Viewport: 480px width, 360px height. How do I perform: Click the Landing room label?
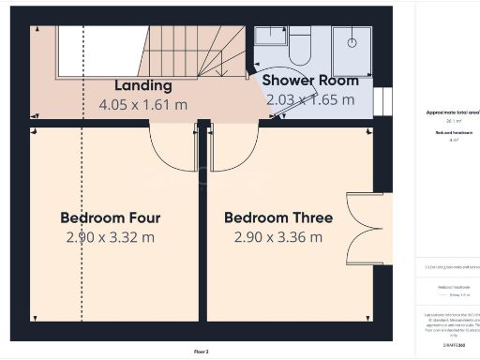pyautogui.click(x=142, y=85)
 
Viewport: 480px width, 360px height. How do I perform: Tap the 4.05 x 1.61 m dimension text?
pyautogui.click(x=143, y=104)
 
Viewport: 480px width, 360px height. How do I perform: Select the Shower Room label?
pyautogui.click(x=309, y=80)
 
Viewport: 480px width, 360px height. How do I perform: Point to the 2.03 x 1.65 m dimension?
pyautogui.click(x=310, y=99)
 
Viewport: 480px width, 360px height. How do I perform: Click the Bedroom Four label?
pyautogui.click(x=110, y=217)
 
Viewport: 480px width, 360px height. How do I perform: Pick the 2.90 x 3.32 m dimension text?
pyautogui.click(x=110, y=237)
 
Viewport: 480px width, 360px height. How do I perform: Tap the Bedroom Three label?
pyautogui.click(x=277, y=217)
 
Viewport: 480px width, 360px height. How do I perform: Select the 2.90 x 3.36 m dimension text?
pyautogui.click(x=277, y=237)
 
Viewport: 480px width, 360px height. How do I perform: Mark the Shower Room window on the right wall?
pyautogui.click(x=381, y=100)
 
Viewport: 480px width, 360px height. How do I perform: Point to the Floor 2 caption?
pyautogui.click(x=202, y=352)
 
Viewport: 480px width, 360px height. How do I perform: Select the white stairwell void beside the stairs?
pyautogui.click(x=100, y=46)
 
